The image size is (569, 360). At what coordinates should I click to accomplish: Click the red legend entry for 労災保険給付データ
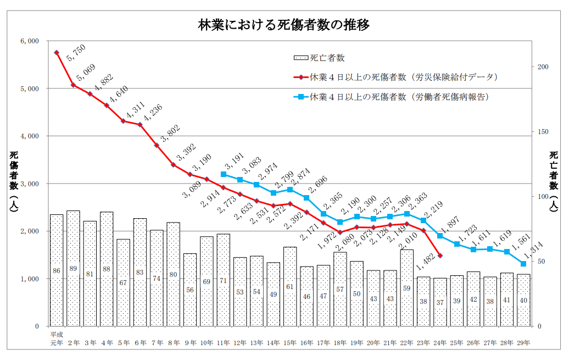[x=395, y=77]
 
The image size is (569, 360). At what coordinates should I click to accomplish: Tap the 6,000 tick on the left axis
[x=29, y=41]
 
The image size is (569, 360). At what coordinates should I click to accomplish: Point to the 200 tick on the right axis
[x=543, y=67]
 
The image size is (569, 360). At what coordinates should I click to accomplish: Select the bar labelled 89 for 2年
[x=74, y=268]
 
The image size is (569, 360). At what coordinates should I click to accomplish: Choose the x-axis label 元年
[x=57, y=343]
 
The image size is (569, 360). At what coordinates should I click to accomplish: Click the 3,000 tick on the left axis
[x=29, y=184]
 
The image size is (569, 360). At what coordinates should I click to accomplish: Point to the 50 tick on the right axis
[x=540, y=262]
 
